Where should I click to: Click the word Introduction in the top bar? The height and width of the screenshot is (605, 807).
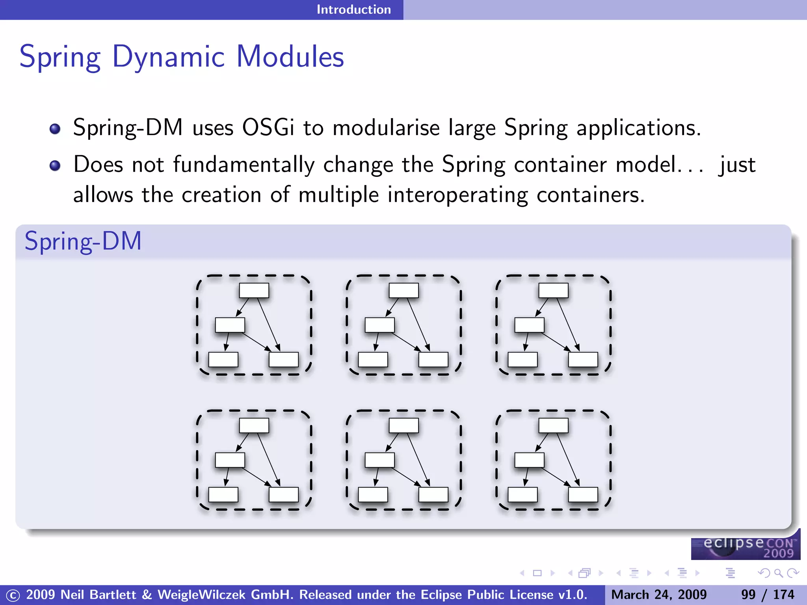coord(353,9)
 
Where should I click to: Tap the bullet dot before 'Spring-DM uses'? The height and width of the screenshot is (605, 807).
coord(55,129)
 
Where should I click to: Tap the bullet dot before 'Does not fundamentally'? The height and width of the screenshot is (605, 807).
coord(55,165)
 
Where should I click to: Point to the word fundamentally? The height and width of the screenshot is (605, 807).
coord(244,165)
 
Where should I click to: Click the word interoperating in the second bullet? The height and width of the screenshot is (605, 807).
coord(457,195)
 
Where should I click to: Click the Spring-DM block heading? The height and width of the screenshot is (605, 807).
coord(83,241)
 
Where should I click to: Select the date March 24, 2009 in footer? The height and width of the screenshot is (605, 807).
coord(659,594)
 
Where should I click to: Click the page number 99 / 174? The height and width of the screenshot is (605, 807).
coord(767,594)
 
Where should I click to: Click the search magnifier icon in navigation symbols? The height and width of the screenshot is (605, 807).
coord(778,573)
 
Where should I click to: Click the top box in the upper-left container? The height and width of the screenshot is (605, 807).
coord(254,291)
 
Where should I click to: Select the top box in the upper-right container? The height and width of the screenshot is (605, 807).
coord(554,291)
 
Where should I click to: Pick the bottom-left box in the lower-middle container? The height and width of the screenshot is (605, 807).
coord(373,495)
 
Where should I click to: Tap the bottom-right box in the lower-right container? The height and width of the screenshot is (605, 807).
coord(583,495)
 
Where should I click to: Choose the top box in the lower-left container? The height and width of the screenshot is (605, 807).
coord(254,426)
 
